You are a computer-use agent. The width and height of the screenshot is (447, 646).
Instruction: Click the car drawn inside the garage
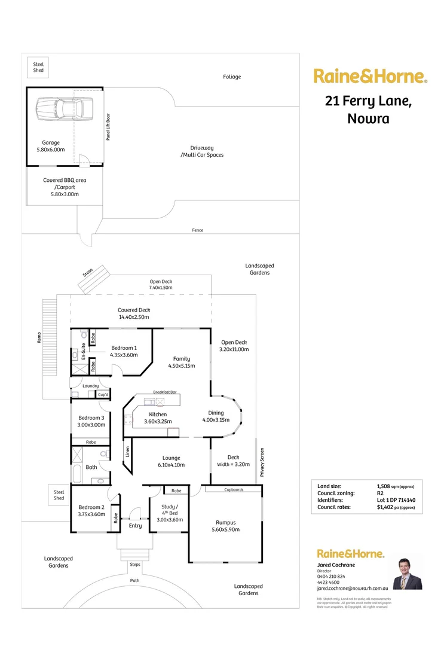(58, 108)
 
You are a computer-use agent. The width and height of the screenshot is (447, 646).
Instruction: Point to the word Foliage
(232, 77)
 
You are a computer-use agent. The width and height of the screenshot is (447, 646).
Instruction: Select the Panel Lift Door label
(108, 126)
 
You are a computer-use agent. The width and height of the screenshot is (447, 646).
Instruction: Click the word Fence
(197, 230)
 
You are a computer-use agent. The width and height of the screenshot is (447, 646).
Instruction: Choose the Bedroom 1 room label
(123, 351)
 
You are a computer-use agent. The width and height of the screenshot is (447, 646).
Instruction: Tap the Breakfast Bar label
(165, 392)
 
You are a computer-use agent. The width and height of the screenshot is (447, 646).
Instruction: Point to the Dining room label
(216, 416)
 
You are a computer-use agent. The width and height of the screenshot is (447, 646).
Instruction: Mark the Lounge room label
(172, 461)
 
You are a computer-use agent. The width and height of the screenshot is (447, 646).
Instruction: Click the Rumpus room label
(225, 526)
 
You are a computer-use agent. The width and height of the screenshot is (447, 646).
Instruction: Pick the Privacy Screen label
(261, 462)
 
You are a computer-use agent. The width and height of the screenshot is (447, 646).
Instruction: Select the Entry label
(136, 526)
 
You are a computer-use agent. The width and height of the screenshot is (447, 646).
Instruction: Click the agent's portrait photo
(407, 574)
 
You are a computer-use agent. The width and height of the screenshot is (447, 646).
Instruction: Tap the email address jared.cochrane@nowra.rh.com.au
(353, 589)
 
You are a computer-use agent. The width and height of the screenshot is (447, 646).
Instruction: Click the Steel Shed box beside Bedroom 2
(59, 495)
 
